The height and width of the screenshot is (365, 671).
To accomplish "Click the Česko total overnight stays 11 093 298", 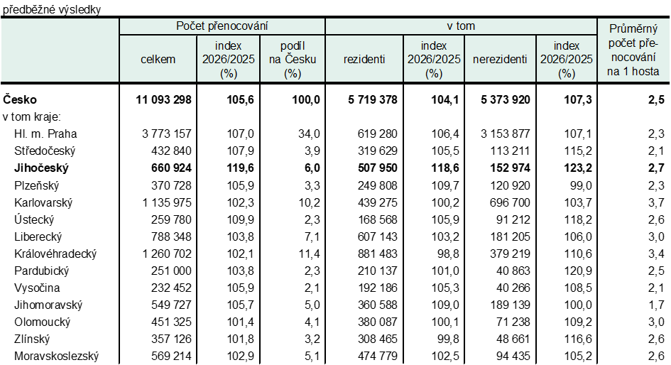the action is click(x=163, y=99).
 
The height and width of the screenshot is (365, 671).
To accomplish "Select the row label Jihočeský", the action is click(x=41, y=168).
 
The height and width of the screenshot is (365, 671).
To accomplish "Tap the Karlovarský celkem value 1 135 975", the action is click(x=167, y=202).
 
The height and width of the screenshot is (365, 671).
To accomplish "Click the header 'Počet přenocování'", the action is click(x=222, y=26).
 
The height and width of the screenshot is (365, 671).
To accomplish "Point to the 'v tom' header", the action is click(x=461, y=26).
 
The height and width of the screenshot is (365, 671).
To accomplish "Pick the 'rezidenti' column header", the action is click(x=364, y=60).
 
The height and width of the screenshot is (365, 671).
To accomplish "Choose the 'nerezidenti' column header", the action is click(x=500, y=60).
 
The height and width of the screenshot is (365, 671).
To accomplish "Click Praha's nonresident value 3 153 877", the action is click(x=505, y=134).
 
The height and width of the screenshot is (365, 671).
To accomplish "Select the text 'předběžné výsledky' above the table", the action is click(x=52, y=9).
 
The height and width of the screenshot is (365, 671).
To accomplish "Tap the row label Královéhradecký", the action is click(x=55, y=254).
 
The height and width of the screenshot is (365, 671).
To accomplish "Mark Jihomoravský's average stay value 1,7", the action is click(x=656, y=305).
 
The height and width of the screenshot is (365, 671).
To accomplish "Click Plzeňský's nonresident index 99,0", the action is click(x=578, y=185).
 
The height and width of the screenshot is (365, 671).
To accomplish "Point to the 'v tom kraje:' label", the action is click(x=31, y=117).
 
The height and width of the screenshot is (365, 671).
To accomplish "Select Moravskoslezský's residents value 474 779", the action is click(x=378, y=356).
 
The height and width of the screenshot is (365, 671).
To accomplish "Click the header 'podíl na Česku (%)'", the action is click(x=293, y=60).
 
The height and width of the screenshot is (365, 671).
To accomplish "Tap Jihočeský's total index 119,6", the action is click(x=240, y=168).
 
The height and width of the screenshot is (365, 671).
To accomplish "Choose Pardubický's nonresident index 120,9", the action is click(x=578, y=271).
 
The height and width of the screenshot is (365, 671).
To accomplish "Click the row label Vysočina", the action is click(x=37, y=288).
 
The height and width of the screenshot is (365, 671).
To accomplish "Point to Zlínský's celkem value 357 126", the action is click(x=171, y=339).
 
